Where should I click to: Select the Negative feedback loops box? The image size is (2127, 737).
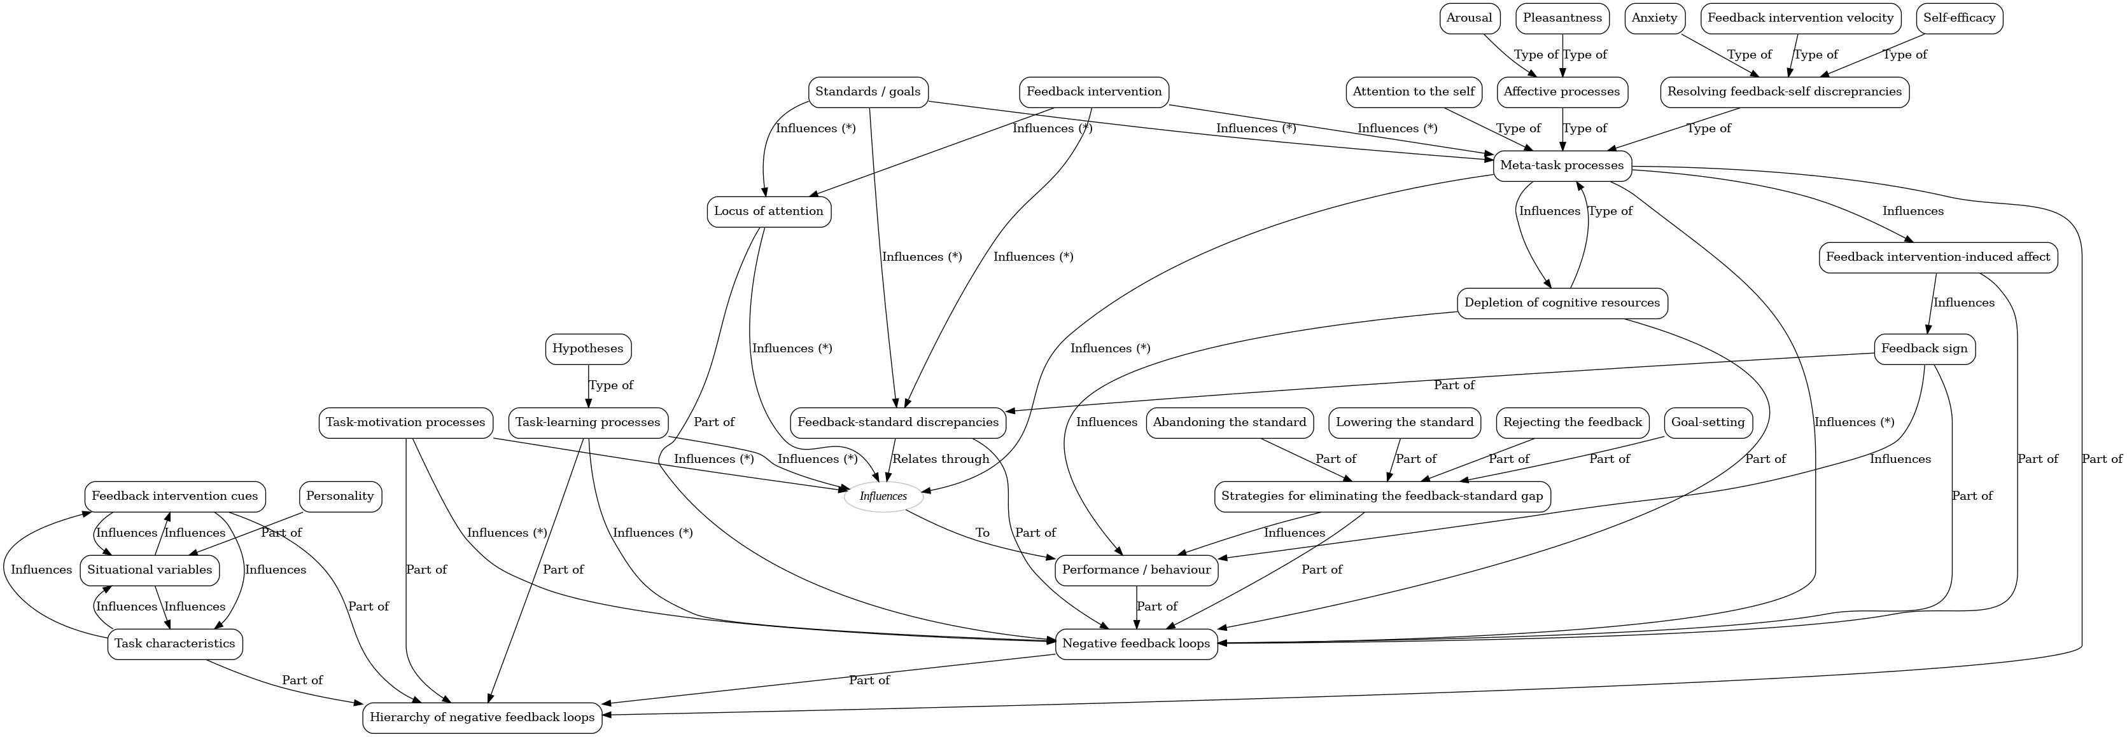point(1136,644)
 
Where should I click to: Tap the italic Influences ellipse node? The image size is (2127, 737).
point(883,497)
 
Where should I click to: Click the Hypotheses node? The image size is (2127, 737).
point(588,349)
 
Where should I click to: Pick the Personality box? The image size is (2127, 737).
point(339,497)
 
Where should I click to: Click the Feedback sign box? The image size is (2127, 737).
point(1924,349)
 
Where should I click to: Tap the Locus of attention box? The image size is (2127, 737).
point(769,211)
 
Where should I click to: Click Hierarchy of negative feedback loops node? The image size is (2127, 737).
point(482,717)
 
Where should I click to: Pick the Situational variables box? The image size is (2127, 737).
point(150,570)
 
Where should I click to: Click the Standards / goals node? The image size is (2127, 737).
point(868,92)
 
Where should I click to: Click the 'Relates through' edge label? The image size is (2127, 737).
point(941,459)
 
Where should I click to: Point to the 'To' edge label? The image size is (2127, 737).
point(982,533)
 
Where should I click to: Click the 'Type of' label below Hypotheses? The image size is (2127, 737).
point(611,385)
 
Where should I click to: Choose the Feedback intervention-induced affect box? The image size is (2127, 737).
point(1937,258)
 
